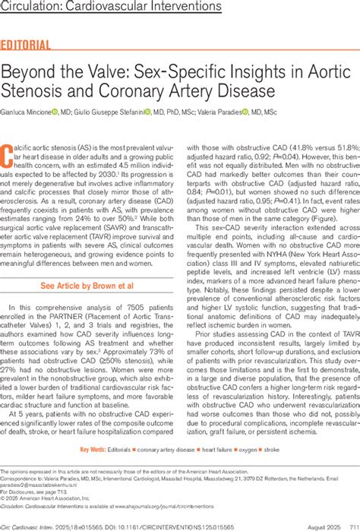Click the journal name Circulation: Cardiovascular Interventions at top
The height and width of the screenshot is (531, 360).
111,8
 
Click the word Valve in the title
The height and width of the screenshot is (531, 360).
107,74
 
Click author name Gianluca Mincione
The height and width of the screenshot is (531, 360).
26,112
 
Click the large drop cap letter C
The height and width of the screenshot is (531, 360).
10,158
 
